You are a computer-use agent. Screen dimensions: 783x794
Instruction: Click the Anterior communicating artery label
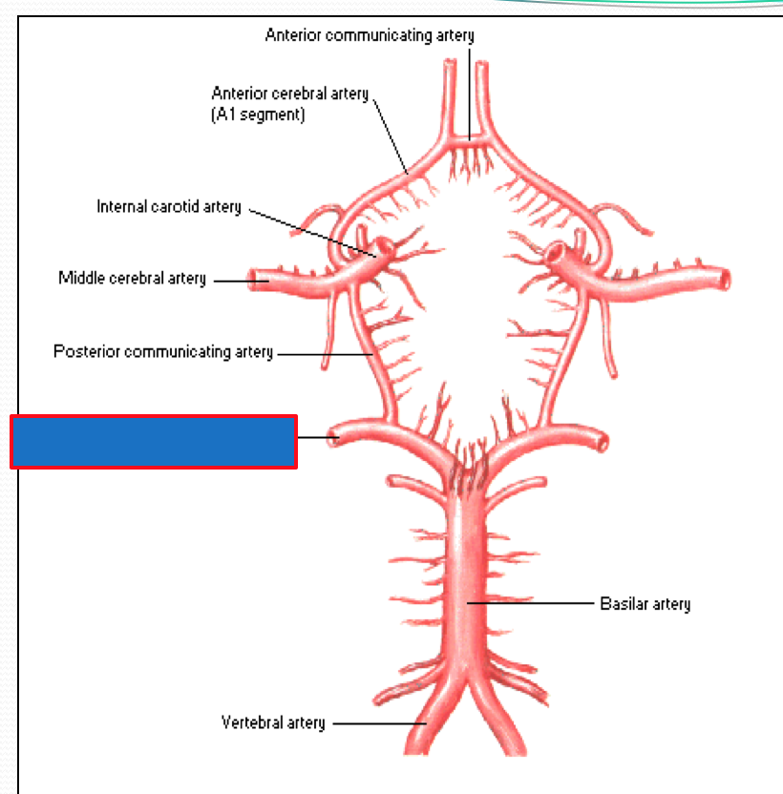coord(369,36)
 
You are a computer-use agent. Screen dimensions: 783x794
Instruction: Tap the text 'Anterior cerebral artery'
coord(289,94)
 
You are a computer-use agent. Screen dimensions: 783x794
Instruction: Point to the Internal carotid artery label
coord(169,207)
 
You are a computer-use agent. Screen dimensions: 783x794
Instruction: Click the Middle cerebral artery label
coord(132,279)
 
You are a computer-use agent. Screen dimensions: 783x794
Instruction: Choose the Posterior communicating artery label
coord(162,352)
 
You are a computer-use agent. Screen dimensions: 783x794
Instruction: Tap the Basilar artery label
coord(645,604)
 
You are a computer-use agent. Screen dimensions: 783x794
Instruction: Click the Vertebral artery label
coord(273,723)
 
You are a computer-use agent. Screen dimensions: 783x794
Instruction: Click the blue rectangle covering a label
coord(154,441)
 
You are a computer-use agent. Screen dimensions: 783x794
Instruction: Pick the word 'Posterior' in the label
coord(80,352)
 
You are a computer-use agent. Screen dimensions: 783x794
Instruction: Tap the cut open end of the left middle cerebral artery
coord(256,280)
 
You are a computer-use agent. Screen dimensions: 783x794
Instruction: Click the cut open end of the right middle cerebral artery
coord(726,280)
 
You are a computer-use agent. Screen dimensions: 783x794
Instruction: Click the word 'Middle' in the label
coord(79,279)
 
